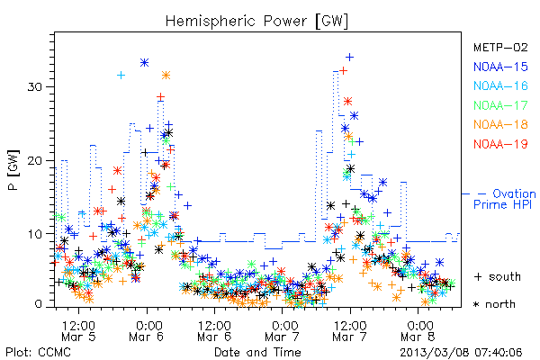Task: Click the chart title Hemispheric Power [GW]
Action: (x=256, y=22)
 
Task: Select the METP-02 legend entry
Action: (x=500, y=47)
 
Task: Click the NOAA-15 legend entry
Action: (x=500, y=67)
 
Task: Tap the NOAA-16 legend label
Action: (x=500, y=85)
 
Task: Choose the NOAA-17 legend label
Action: (x=500, y=105)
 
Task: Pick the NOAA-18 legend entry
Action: (x=500, y=124)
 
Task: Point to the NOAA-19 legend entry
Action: (x=500, y=144)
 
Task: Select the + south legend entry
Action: (x=498, y=276)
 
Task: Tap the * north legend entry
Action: (x=494, y=304)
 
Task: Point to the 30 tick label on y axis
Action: (x=34, y=86)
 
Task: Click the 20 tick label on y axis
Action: (x=34, y=160)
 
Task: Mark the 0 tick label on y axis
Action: (x=38, y=304)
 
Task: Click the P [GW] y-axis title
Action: (x=13, y=170)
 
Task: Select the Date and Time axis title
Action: (x=257, y=352)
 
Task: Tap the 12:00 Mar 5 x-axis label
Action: (x=78, y=330)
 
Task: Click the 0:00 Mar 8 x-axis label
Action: (x=418, y=330)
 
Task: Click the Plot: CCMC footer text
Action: (x=38, y=352)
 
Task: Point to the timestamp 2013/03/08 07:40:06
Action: (x=461, y=353)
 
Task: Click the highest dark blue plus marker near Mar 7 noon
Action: (x=349, y=57)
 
